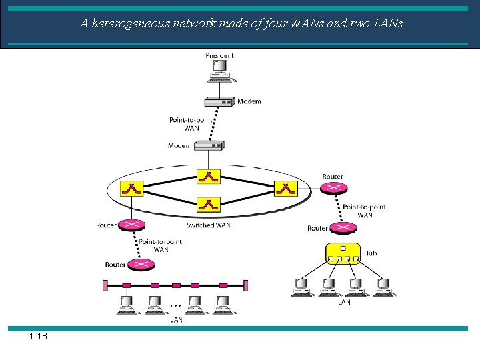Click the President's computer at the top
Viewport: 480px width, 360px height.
(x=219, y=71)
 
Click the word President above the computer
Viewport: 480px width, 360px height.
(x=219, y=55)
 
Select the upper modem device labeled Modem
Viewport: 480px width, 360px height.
(x=219, y=101)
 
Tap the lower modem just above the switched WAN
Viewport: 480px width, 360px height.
(x=210, y=145)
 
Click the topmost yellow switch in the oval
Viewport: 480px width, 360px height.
(x=209, y=177)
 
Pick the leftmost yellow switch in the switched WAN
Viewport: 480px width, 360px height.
(x=132, y=189)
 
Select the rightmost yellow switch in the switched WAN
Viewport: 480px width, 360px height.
(x=286, y=189)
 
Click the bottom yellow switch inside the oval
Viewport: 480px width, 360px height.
(x=209, y=204)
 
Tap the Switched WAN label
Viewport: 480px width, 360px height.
(x=208, y=225)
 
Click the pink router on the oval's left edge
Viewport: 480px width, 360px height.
(x=129, y=225)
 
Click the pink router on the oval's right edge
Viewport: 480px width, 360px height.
(x=333, y=189)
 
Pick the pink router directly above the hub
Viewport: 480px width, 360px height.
(x=343, y=228)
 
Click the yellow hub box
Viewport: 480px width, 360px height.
(x=343, y=253)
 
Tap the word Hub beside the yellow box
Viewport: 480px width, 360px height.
(x=370, y=253)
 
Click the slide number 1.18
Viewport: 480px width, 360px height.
(x=38, y=336)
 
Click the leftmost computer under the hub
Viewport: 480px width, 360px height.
(x=302, y=287)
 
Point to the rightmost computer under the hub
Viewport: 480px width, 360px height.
(x=385, y=287)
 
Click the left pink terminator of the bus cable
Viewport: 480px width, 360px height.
(x=105, y=285)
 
